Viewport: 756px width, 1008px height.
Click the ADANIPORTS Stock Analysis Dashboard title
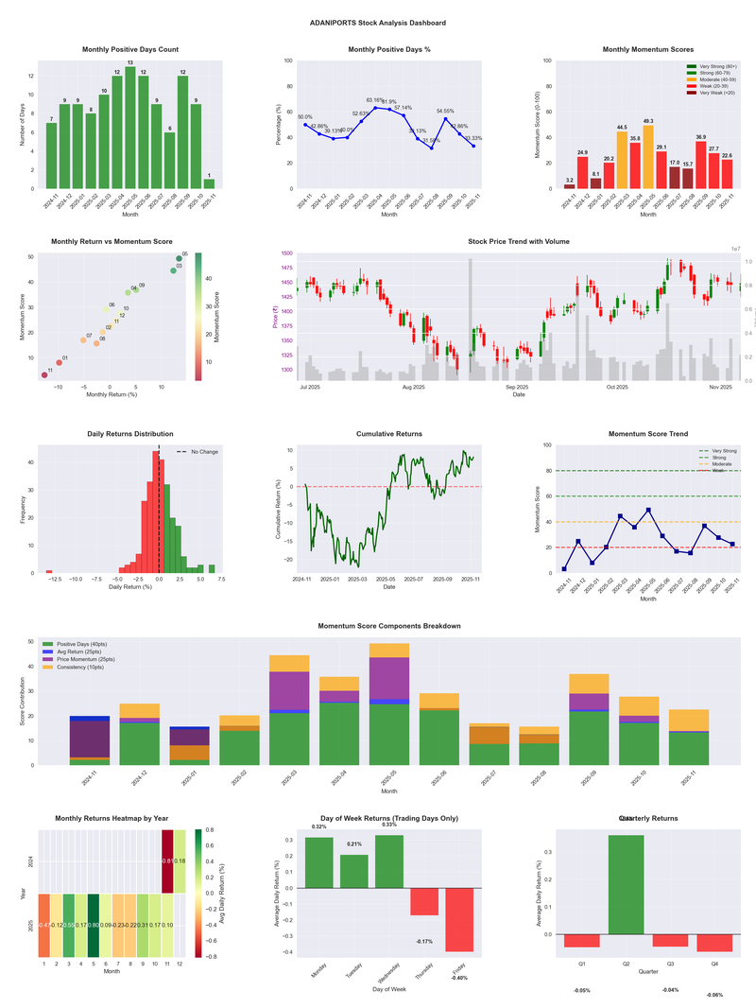click(x=378, y=23)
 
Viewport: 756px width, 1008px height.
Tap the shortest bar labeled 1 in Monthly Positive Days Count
click(x=209, y=183)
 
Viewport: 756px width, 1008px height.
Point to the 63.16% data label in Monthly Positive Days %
click(x=375, y=99)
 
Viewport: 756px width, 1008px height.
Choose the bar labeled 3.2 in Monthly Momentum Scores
click(x=569, y=186)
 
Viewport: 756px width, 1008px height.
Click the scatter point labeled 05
click(x=179, y=258)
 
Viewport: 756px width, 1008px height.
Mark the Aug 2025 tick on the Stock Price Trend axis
click(x=413, y=388)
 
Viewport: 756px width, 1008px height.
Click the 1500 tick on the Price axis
click(x=284, y=254)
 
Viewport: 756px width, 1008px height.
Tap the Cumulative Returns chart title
click(x=389, y=434)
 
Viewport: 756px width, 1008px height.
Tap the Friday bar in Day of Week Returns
click(x=459, y=919)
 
